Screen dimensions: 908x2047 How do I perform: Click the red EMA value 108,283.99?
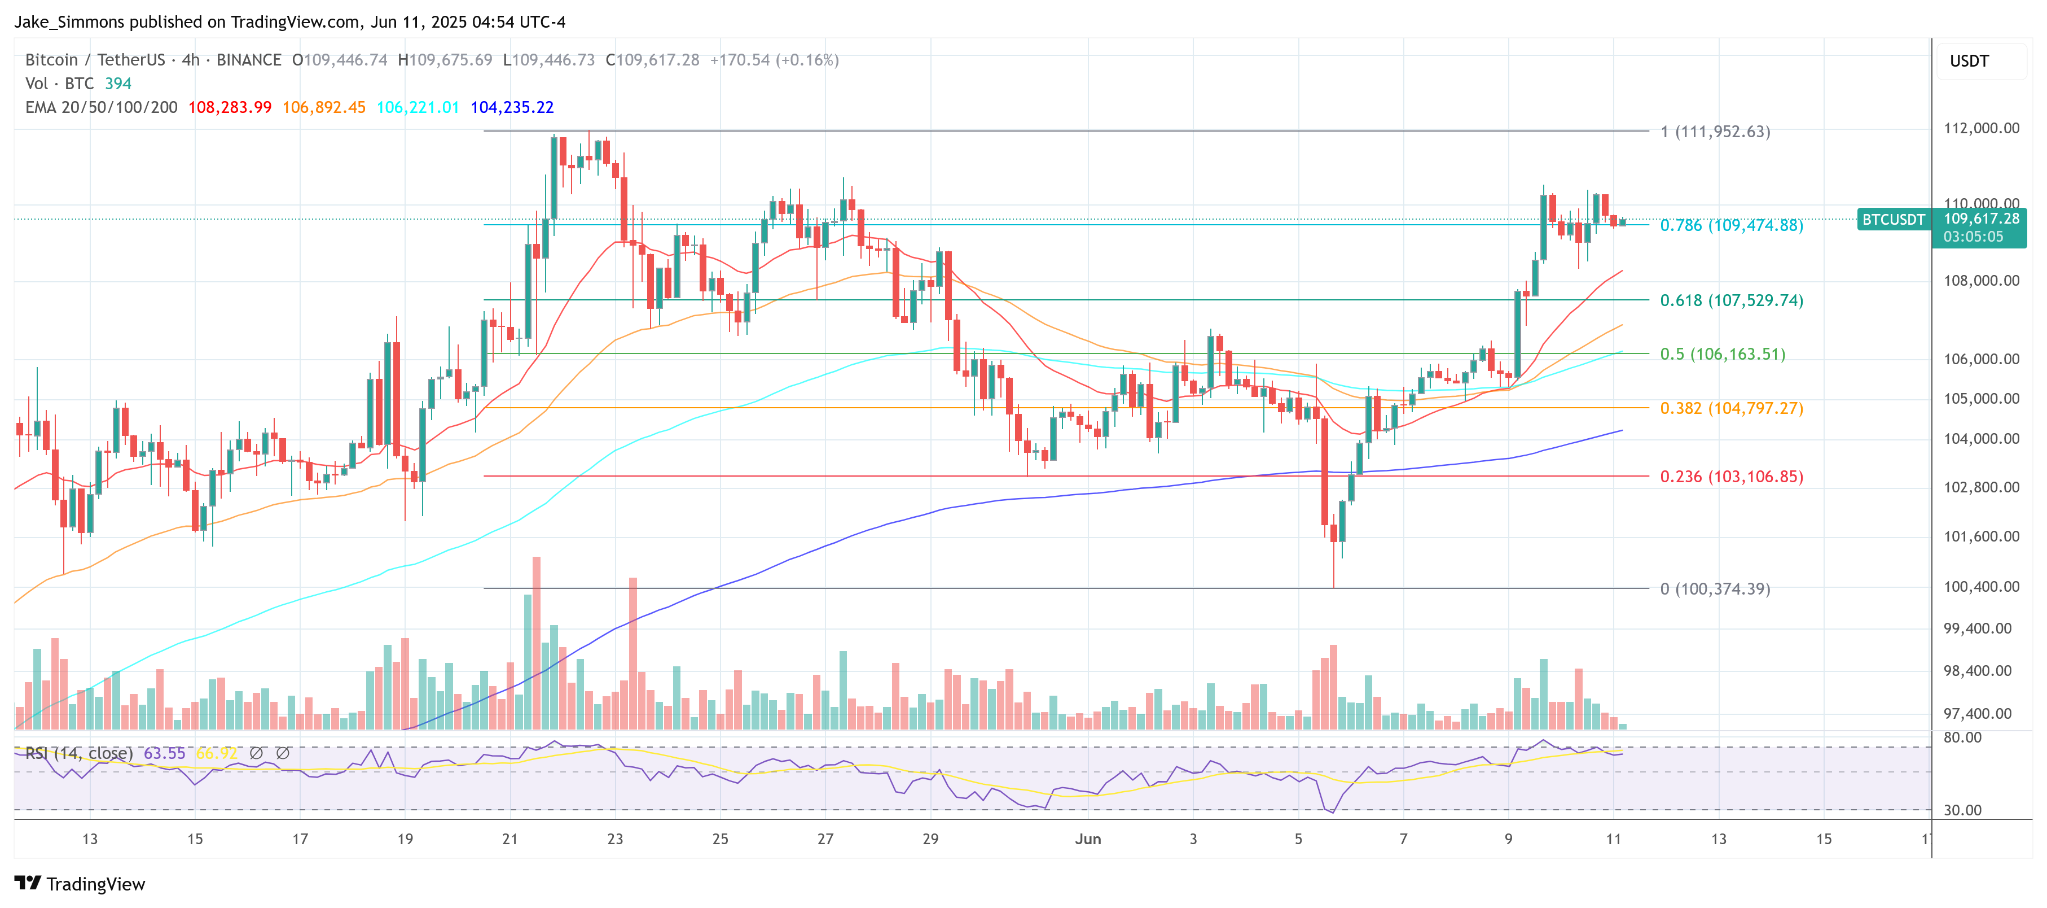[x=230, y=107]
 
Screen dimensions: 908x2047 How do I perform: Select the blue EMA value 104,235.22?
[x=512, y=107]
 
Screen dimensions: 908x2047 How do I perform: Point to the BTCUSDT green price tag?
[x=1893, y=220]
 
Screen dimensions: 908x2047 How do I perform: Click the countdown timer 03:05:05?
[x=1973, y=237]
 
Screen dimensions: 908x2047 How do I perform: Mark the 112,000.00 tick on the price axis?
[x=1981, y=128]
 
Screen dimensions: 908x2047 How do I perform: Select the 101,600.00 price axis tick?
[x=1981, y=536]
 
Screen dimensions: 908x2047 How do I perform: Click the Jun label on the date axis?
[x=1087, y=839]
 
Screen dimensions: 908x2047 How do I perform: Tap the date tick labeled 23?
[x=615, y=839]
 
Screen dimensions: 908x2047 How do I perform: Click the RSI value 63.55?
[x=165, y=753]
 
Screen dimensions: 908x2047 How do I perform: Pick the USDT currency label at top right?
[x=1969, y=61]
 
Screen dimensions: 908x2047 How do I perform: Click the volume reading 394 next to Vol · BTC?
[x=117, y=84]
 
